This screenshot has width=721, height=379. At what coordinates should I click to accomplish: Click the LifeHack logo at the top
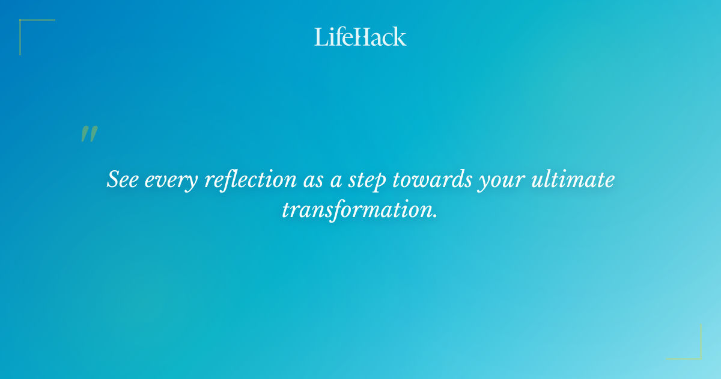click(x=360, y=37)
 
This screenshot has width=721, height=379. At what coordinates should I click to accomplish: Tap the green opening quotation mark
click(x=89, y=134)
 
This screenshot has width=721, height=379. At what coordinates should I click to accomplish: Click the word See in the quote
click(x=123, y=180)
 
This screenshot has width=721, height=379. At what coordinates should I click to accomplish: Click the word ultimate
click(x=574, y=180)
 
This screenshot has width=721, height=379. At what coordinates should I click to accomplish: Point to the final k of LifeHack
click(x=400, y=37)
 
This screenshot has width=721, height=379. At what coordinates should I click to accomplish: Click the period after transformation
click(x=434, y=216)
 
